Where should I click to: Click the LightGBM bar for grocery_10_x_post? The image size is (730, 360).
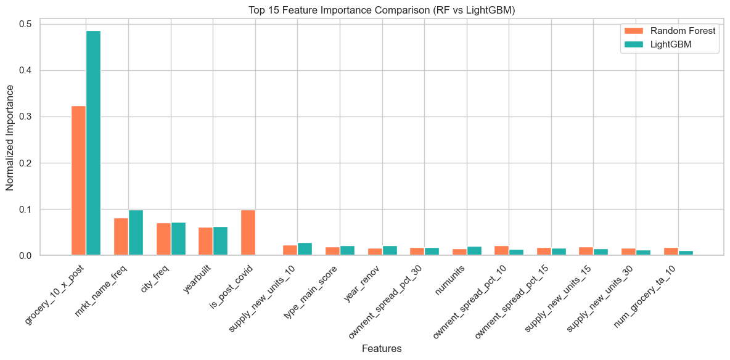pos(93,142)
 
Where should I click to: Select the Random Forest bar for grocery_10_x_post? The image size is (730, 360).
pos(78,181)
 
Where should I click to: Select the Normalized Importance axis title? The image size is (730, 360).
pos(10,137)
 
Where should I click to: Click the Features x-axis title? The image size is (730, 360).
pos(381,349)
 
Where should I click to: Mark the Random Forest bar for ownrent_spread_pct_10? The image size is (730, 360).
pos(501,250)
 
